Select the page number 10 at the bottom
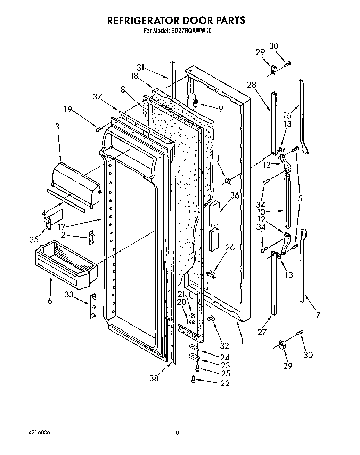coord(176,433)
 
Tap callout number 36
coord(235,195)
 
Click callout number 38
coord(154,378)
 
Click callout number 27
coord(262,332)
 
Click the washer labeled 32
coord(211,318)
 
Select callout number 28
coord(252,85)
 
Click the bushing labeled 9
coord(195,103)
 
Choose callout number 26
coord(230,247)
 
